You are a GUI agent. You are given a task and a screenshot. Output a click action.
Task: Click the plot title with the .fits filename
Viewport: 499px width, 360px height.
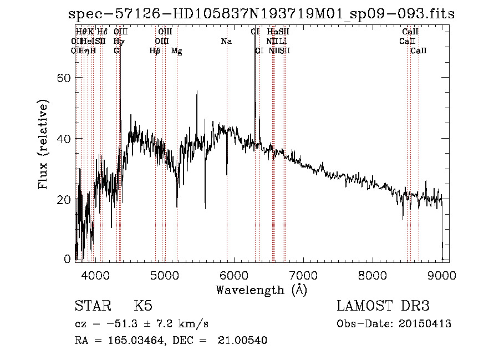261,14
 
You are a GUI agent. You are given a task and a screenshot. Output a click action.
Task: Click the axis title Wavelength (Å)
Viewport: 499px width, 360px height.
261,290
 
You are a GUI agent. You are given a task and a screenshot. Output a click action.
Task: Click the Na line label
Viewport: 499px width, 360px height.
226,41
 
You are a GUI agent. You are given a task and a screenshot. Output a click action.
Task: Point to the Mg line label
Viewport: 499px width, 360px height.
176,51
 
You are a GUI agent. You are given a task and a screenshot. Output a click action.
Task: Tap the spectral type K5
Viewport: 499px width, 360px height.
143,306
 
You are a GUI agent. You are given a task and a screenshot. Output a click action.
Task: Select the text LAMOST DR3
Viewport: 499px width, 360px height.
383,306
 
